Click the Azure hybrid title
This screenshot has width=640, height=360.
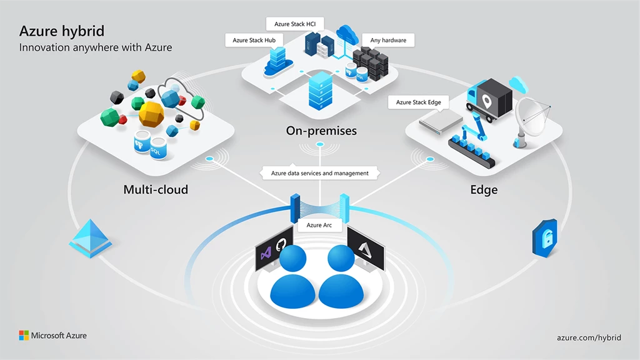click(62, 31)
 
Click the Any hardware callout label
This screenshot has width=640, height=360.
click(388, 41)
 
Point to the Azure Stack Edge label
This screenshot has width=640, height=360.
click(418, 102)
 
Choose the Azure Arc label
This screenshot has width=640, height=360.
click(319, 225)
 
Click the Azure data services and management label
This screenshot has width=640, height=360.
click(319, 173)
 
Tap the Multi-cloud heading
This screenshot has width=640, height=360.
click(156, 189)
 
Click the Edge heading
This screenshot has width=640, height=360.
click(484, 189)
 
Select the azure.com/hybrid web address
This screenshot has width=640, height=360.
click(589, 337)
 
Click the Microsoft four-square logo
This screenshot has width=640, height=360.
click(24, 336)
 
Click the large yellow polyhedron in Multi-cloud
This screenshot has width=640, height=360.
click(152, 115)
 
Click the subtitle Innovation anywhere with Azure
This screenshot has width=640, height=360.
click(95, 47)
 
